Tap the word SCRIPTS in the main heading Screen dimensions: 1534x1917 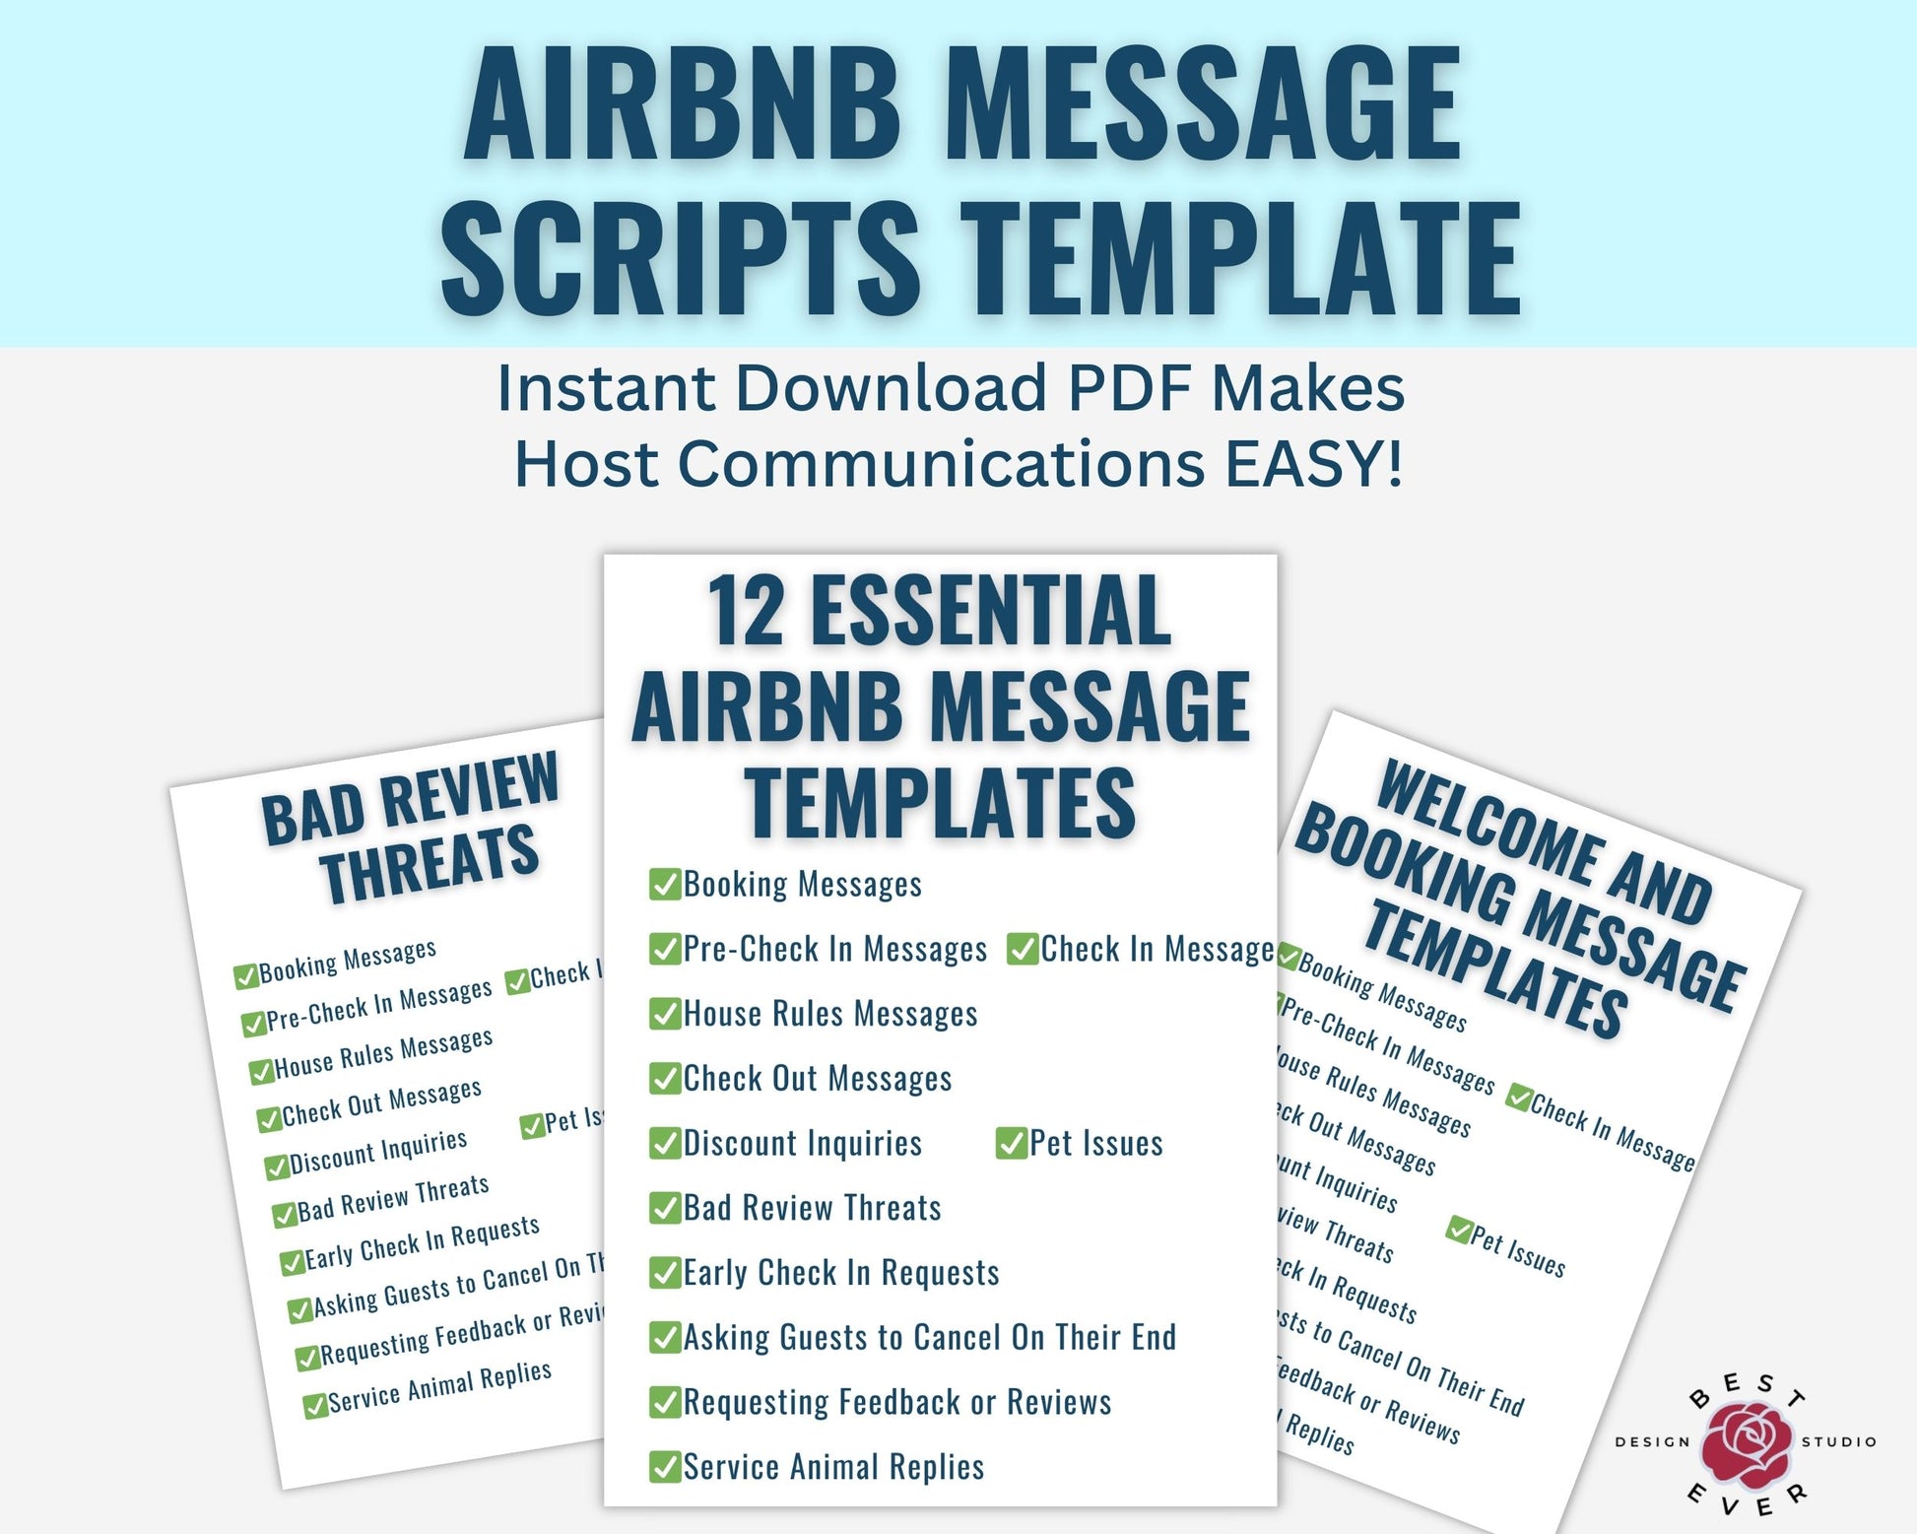[680, 258]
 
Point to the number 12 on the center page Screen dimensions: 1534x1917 [746, 613]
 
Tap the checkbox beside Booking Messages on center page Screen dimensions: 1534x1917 [665, 884]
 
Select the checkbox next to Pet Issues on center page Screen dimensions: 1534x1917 [1012, 1143]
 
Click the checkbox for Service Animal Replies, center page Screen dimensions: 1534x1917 [665, 1466]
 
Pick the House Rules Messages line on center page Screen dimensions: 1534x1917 [829, 1014]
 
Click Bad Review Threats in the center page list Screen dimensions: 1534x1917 [812, 1208]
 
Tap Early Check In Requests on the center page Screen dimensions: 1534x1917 [840, 1273]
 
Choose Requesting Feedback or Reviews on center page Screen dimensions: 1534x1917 [896, 1402]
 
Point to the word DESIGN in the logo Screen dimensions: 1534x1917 [1652, 1442]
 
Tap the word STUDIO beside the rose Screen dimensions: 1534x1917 [1838, 1442]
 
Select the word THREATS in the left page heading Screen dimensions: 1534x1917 [430, 863]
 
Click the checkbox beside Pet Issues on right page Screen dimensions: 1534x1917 [1459, 1229]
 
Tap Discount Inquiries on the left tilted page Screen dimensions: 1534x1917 [377, 1152]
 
